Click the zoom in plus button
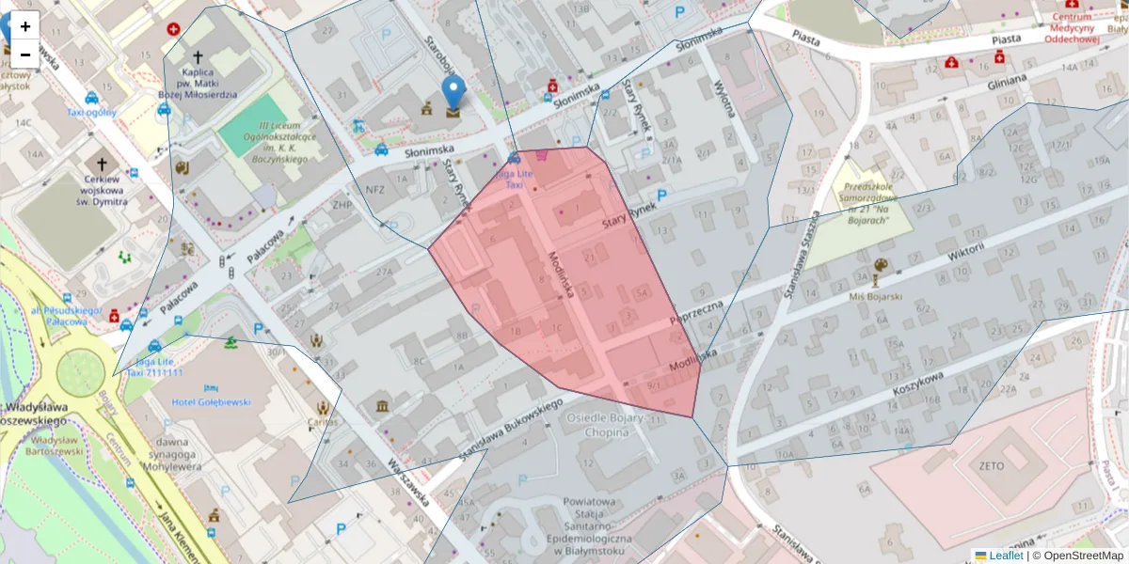coord(25,27)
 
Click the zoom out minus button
coord(25,55)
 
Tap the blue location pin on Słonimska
coord(453,96)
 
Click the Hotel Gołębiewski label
coord(211,401)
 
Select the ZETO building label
coord(992,465)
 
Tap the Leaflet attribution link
coord(1006,556)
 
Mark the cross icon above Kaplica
coord(198,57)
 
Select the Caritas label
coord(322,422)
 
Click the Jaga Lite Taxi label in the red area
coord(514,180)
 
